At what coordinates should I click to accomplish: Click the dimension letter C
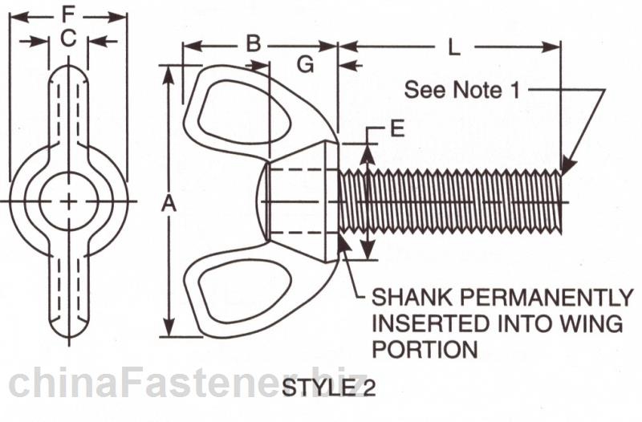coord(68,38)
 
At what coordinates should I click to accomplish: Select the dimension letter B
coord(253,43)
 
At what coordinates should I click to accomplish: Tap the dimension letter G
coord(305,65)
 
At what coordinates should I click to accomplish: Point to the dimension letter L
coord(453,47)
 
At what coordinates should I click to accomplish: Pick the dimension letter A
coord(168,205)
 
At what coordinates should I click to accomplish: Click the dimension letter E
coord(396,128)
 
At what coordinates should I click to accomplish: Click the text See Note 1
coord(461,89)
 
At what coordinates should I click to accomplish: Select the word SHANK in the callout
coord(404,298)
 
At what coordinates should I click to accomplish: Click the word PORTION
coord(423,350)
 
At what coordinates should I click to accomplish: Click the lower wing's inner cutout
coord(241,294)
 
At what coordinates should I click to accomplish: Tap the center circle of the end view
coord(69,200)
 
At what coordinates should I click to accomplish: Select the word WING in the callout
coord(595,324)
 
